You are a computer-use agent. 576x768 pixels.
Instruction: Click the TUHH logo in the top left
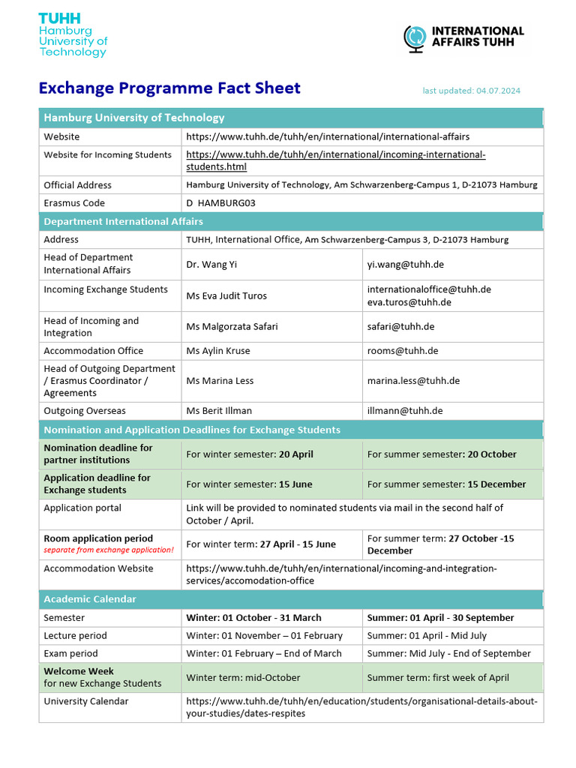(73, 35)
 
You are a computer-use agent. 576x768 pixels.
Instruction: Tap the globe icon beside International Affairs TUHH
(414, 37)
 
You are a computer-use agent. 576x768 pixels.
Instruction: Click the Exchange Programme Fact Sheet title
(169, 88)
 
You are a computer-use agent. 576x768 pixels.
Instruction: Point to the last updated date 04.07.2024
(471, 91)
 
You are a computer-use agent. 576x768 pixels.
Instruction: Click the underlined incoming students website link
(335, 160)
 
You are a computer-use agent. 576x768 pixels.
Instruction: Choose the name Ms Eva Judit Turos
(226, 295)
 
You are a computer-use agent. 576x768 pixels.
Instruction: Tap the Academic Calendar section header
(90, 599)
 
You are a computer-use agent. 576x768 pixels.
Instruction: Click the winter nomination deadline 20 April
(250, 454)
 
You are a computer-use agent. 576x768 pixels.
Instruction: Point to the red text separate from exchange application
(109, 550)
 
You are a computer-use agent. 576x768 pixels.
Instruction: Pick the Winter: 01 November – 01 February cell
(264, 636)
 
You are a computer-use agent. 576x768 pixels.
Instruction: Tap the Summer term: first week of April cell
(438, 678)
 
